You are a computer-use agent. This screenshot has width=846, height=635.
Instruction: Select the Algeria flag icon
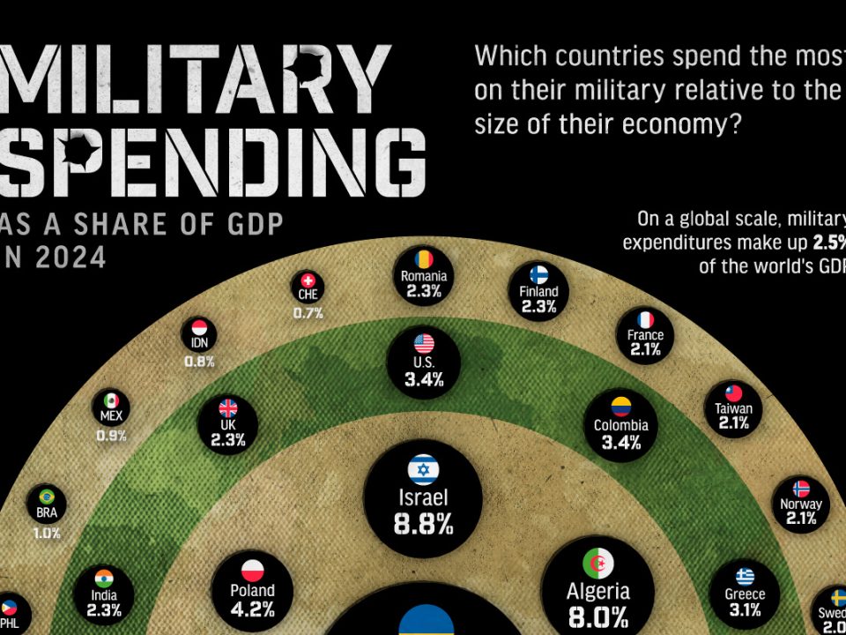597,563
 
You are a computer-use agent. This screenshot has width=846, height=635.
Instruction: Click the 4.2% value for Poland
252,609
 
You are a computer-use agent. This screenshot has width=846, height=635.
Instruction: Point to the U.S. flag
423,343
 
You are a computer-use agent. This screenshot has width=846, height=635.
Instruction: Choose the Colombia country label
620,425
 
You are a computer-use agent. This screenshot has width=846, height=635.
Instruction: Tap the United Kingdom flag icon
227,407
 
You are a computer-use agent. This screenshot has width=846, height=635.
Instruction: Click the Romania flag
423,258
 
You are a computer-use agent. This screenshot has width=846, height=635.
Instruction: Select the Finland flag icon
538,274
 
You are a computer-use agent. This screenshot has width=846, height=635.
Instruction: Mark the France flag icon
645,318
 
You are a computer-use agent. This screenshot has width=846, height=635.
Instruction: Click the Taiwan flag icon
733,392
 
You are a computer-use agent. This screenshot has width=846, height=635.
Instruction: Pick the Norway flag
801,488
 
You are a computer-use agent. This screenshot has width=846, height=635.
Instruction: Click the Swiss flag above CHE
308,279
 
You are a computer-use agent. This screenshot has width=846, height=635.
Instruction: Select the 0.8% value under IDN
198,362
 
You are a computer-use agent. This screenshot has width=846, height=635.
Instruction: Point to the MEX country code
111,415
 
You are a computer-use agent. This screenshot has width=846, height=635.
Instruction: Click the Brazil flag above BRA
47,496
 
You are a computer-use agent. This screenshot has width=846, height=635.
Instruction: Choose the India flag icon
104,578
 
